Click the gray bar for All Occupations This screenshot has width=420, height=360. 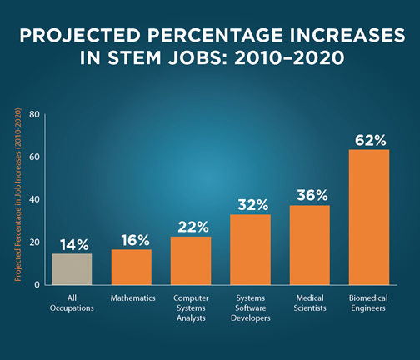click(x=72, y=268)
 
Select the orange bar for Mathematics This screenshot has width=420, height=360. click(x=132, y=267)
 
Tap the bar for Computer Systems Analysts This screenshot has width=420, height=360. click(x=191, y=260)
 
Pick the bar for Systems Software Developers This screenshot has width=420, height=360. click(x=250, y=249)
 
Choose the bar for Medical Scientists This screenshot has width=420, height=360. click(x=309, y=244)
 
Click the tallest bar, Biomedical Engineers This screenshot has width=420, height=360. click(x=368, y=217)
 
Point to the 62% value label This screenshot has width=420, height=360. click(x=368, y=139)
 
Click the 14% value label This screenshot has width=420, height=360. click(x=73, y=244)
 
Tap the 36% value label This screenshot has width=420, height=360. click(x=309, y=196)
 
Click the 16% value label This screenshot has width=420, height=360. click(x=132, y=240)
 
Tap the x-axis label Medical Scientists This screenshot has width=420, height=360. click(x=309, y=302)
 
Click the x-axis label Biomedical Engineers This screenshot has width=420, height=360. click(x=368, y=302)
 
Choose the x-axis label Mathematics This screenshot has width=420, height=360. click(x=132, y=297)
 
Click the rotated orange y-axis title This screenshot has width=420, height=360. click(x=18, y=200)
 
